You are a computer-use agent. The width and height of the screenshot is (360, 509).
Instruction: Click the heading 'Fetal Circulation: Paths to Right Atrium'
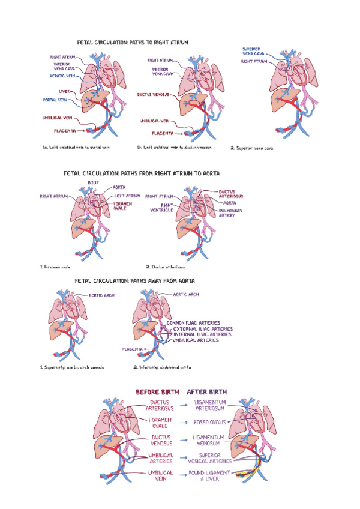(x=133, y=43)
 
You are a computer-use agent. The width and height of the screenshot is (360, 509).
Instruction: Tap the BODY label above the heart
(x=94, y=182)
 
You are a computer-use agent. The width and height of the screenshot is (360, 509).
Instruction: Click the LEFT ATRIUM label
(x=127, y=196)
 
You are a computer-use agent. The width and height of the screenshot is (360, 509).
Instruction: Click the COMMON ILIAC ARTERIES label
(x=193, y=323)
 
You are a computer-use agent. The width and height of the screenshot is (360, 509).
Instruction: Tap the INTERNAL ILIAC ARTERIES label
(x=200, y=334)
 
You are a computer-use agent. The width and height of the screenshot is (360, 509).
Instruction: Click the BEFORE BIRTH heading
(x=157, y=392)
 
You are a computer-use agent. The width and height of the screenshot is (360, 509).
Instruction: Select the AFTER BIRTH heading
(x=207, y=392)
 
